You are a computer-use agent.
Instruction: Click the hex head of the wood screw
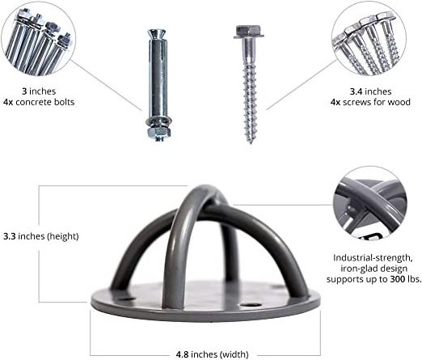click(248, 32)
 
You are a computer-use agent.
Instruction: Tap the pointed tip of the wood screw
click(251, 142)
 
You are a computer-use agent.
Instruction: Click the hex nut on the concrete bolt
click(159, 132)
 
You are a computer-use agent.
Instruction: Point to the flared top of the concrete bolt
click(158, 35)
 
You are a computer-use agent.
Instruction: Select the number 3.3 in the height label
click(10, 236)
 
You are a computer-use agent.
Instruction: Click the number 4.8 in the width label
click(182, 354)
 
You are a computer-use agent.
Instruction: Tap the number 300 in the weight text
click(398, 279)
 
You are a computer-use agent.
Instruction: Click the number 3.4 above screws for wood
click(357, 91)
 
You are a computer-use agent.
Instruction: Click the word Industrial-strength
click(373, 258)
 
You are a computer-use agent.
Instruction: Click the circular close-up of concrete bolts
click(38, 39)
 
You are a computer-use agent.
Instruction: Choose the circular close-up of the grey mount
click(370, 203)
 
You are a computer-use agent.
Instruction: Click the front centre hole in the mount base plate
click(251, 306)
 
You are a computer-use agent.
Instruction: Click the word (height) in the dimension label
click(63, 236)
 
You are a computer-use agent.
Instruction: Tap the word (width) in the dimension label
click(234, 354)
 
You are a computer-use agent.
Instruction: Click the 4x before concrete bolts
click(8, 102)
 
